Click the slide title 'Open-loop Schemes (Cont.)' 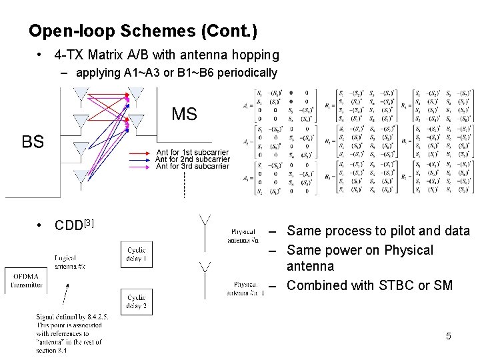tap(143, 31)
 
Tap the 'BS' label tap(33, 141)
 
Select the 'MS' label tap(184, 114)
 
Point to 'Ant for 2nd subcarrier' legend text tap(192, 159)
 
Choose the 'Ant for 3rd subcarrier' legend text tap(192, 167)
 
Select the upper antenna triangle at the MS tap(136, 95)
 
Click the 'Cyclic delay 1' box tap(136, 253)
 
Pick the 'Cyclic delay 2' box tap(136, 301)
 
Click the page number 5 tap(448, 337)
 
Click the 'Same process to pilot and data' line tap(378, 231)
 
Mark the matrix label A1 tap(247, 105)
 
